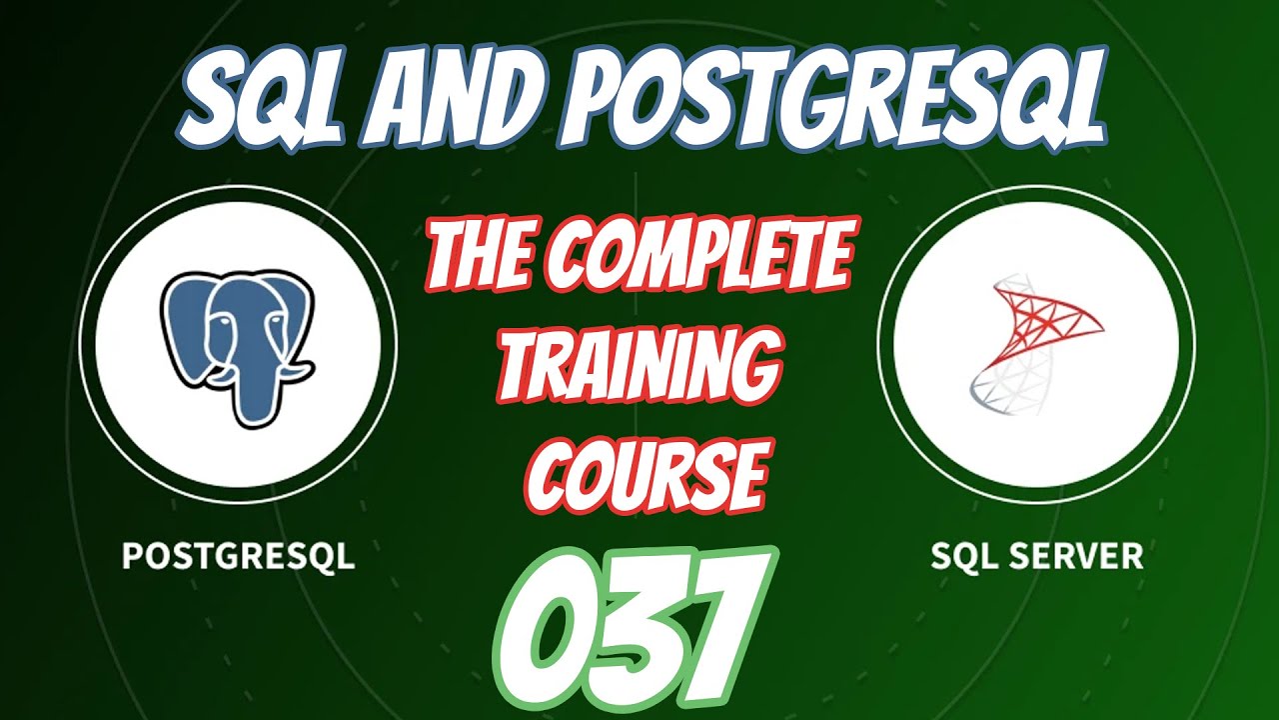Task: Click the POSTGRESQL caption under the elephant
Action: coord(238,555)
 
